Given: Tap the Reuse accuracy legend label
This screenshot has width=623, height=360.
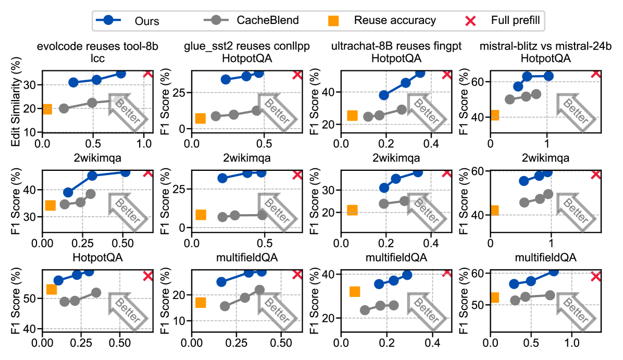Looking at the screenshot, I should coord(394,21).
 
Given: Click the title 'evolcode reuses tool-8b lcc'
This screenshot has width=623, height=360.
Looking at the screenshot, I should coord(97,52).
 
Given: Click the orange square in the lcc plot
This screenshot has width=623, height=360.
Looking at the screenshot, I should coord(46,109).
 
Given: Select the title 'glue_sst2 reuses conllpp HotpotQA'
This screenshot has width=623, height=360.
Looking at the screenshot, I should coord(247,52).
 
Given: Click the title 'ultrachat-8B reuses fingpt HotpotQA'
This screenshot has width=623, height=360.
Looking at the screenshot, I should coord(397,52).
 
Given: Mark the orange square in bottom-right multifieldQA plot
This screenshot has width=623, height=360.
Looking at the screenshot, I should coord(494,297).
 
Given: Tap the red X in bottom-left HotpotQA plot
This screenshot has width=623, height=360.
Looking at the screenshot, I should coord(147,275).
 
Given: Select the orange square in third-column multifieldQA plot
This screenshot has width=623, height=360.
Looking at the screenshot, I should coord(355,292).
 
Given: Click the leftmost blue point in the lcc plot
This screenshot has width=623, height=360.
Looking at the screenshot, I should coord(73,82).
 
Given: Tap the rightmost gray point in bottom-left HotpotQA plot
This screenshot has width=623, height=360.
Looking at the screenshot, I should coord(96,293).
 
